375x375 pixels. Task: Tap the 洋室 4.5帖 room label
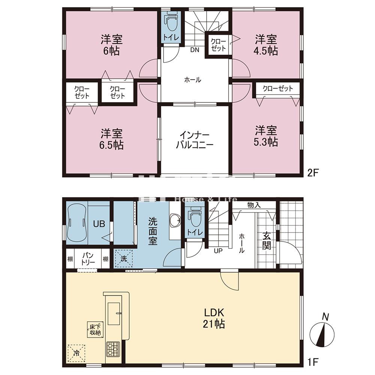pos(266,45)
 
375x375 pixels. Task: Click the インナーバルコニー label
pos(195,140)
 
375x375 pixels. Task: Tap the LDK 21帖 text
pos(214,318)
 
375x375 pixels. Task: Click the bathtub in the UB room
pos(76,224)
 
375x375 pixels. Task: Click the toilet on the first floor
pos(195,217)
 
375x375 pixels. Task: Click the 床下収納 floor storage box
pos(94,329)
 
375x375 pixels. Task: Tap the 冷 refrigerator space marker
pos(76,352)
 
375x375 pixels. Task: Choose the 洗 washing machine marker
pos(124,258)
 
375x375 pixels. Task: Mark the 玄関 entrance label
pos(267,242)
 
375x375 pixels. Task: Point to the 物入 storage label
pos(254,205)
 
